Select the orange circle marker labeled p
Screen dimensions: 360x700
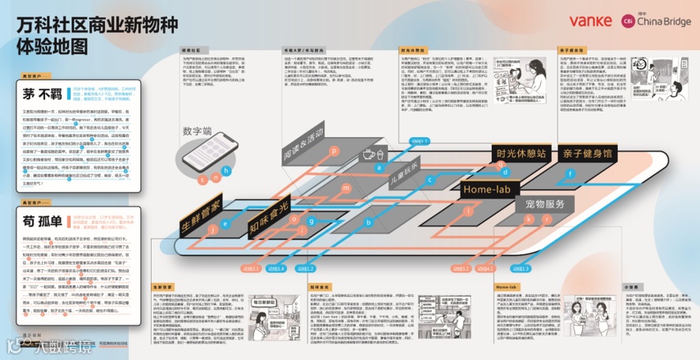click(x=334, y=151)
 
